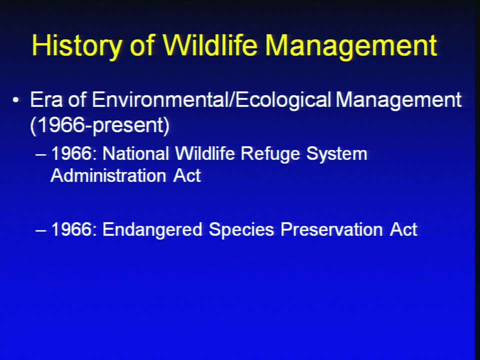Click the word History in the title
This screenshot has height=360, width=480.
pyautogui.click(x=77, y=46)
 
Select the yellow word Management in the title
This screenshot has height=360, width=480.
pyautogui.click(x=351, y=46)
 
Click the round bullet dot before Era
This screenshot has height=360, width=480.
pyautogui.click(x=16, y=100)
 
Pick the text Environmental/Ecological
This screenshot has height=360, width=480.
pyautogui.click(x=211, y=100)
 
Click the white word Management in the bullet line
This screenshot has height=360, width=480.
pyautogui.click(x=398, y=100)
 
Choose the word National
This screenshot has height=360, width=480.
pyautogui.click(x=135, y=153)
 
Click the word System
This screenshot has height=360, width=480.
pyautogui.click(x=336, y=154)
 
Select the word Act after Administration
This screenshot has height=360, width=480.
pyautogui.click(x=187, y=175)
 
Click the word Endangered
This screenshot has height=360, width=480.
pyautogui.click(x=152, y=230)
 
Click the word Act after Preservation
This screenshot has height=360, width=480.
pyautogui.click(x=403, y=229)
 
